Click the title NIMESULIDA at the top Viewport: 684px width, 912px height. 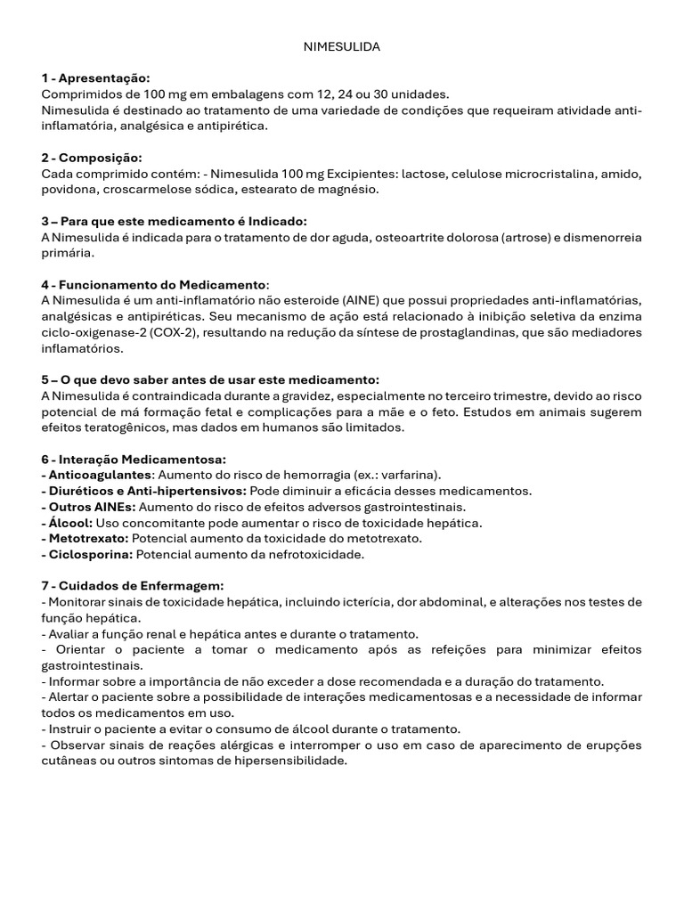pyautogui.click(x=342, y=46)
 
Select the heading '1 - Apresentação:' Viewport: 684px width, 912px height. pyautogui.click(x=95, y=78)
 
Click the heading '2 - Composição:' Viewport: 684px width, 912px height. pyautogui.click(x=92, y=158)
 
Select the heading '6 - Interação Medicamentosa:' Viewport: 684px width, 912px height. pyautogui.click(x=134, y=460)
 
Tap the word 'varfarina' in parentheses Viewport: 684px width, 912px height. pyautogui.click(x=405, y=476)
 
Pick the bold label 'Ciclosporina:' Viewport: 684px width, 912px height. pyautogui.click(x=88, y=555)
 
